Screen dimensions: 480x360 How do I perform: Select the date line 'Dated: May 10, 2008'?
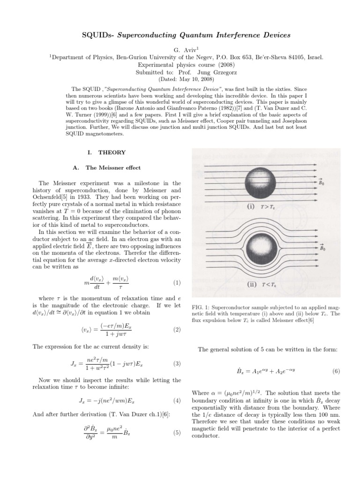[180, 79]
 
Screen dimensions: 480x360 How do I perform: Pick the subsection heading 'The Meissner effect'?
[113, 168]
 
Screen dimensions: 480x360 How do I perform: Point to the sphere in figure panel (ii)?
[262, 247]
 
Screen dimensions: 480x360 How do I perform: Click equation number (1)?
[176, 283]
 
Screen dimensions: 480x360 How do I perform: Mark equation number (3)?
[176, 363]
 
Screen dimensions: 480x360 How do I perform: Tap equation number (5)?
[176, 433]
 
